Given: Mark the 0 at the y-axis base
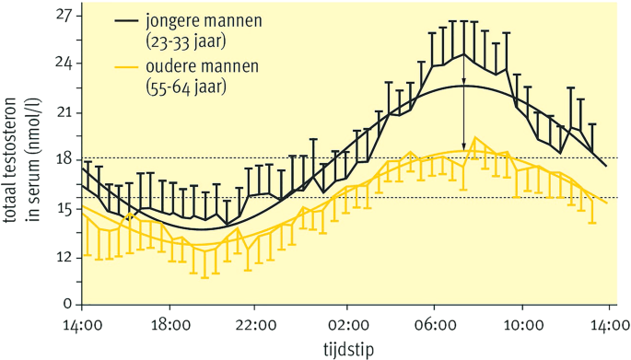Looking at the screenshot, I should [66, 304].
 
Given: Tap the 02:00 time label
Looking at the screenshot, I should [346, 324].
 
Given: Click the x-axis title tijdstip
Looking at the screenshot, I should [346, 348].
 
